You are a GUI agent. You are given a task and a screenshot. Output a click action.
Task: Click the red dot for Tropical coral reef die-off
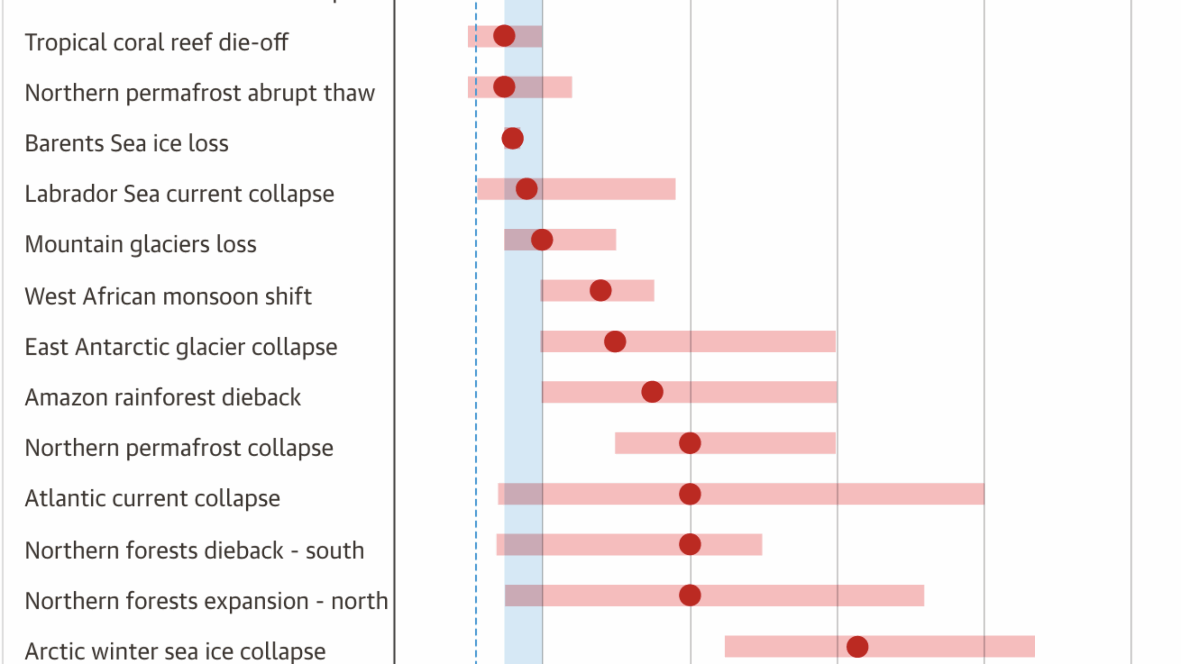coord(504,36)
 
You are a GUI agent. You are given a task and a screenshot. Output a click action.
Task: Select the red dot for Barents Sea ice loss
coord(512,138)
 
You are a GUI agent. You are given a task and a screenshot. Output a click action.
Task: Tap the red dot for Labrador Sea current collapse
coord(526,189)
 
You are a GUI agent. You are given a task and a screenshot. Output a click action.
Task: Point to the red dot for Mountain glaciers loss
coord(542,240)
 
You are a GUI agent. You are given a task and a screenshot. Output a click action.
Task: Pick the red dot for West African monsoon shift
coord(600,290)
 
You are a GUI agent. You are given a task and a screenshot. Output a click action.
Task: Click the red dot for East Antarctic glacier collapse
coord(614,342)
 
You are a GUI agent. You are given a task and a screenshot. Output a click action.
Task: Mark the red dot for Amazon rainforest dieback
coord(652,392)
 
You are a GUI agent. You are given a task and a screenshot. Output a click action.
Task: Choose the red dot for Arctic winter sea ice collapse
coord(857,646)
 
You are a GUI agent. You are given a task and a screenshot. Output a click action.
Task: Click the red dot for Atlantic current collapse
coord(690,494)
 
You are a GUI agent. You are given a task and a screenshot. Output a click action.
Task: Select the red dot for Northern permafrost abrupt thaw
coord(504,87)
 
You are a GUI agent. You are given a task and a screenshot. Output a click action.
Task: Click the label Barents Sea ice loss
coord(126,143)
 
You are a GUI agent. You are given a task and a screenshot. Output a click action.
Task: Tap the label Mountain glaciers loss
coord(140,244)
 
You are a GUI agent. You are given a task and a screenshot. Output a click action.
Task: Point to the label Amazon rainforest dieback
coord(162,397)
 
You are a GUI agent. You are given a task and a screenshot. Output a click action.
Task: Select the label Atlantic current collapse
coord(152,498)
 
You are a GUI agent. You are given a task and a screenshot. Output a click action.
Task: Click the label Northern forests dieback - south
coord(194,550)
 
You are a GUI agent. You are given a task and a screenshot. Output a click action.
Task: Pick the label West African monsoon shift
coord(168,296)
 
